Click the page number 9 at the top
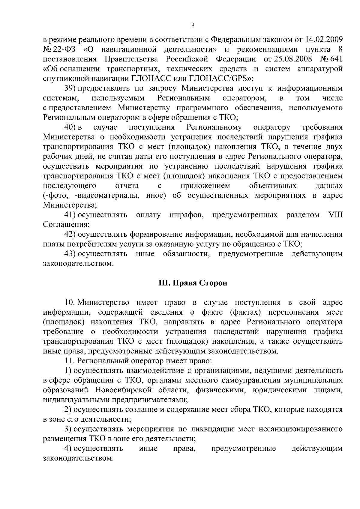pos(193,25)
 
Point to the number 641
pos(336,59)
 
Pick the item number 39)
pos(71,88)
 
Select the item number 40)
pos(71,127)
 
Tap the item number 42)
pos(71,234)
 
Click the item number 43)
pos(71,254)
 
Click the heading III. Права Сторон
pos(193,283)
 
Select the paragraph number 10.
pos(69,302)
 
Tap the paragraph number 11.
pos(69,361)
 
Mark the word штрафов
pos(186,215)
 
